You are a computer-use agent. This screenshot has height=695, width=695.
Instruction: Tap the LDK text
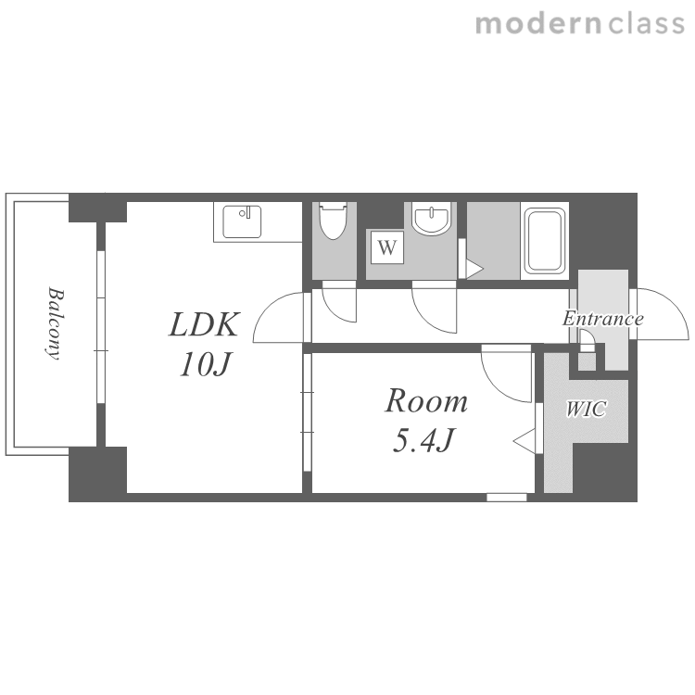(205, 325)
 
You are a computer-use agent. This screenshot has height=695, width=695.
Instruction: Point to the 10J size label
(205, 365)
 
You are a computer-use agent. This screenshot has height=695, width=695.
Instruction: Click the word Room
(426, 401)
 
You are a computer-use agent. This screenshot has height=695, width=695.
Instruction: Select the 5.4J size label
(423, 440)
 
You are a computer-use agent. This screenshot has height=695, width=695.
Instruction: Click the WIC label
(586, 409)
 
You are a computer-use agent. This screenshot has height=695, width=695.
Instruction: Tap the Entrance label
(603, 319)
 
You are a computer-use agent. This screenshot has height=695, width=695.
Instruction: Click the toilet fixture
(334, 221)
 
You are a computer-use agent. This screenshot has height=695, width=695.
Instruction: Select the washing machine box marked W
(387, 247)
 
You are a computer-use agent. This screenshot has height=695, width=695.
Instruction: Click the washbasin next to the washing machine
(431, 218)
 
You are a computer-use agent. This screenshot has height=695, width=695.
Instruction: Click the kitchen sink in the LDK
(242, 221)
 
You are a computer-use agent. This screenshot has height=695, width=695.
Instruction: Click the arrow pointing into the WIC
(524, 441)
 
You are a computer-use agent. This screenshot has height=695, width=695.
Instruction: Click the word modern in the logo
(538, 24)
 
